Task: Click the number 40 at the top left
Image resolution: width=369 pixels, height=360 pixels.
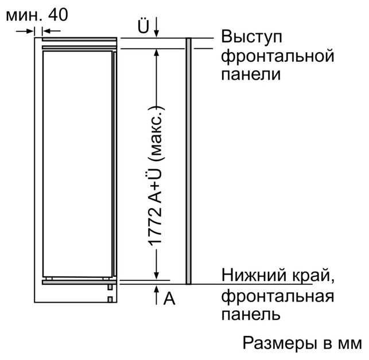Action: click(x=58, y=14)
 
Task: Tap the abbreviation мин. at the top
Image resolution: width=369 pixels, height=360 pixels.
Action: click(x=24, y=17)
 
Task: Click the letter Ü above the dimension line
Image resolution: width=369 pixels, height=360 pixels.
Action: click(x=143, y=26)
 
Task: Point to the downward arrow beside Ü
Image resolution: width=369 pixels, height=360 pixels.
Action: click(x=157, y=28)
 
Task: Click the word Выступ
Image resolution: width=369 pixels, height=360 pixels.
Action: click(x=251, y=37)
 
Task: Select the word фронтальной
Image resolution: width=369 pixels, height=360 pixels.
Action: click(x=278, y=56)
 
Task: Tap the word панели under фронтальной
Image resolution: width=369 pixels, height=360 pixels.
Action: click(x=251, y=75)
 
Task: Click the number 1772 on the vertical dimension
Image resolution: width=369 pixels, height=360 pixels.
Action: click(x=156, y=226)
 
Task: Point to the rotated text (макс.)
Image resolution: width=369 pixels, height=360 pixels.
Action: click(x=156, y=134)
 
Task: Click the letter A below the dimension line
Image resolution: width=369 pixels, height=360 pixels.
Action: click(x=169, y=299)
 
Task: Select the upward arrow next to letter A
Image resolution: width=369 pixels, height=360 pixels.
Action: click(x=157, y=295)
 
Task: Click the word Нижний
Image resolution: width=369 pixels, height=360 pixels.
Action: click(x=254, y=275)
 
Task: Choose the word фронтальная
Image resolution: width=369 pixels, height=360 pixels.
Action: click(x=278, y=296)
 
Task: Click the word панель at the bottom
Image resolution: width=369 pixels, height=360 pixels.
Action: click(x=251, y=314)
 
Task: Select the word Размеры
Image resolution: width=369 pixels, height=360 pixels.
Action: click(x=280, y=344)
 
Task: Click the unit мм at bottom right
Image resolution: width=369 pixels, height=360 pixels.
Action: click(x=350, y=345)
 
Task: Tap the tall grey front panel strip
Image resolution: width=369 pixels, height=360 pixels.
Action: click(x=188, y=161)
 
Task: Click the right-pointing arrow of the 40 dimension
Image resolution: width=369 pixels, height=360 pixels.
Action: click(x=25, y=31)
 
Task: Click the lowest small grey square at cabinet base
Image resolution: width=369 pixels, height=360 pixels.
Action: click(x=110, y=299)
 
